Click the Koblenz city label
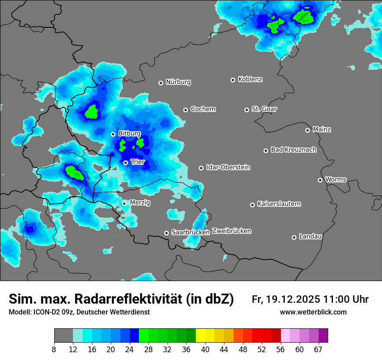[x=250, y=79]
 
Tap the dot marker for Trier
[x=125, y=163]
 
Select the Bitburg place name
[x=129, y=134]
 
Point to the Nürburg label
[x=178, y=82]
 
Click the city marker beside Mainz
[x=307, y=130]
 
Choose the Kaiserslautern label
[x=279, y=204]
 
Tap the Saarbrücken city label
[x=191, y=232]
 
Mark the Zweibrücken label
[x=231, y=231]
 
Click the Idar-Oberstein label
[x=228, y=167]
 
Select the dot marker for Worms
[x=320, y=180]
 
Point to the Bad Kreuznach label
[x=293, y=150]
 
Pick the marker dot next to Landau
[x=294, y=237]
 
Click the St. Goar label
[x=264, y=109]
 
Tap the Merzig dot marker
[x=124, y=203]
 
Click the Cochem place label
[x=203, y=109]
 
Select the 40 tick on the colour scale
[x=205, y=349]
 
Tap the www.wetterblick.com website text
[x=313, y=312]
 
